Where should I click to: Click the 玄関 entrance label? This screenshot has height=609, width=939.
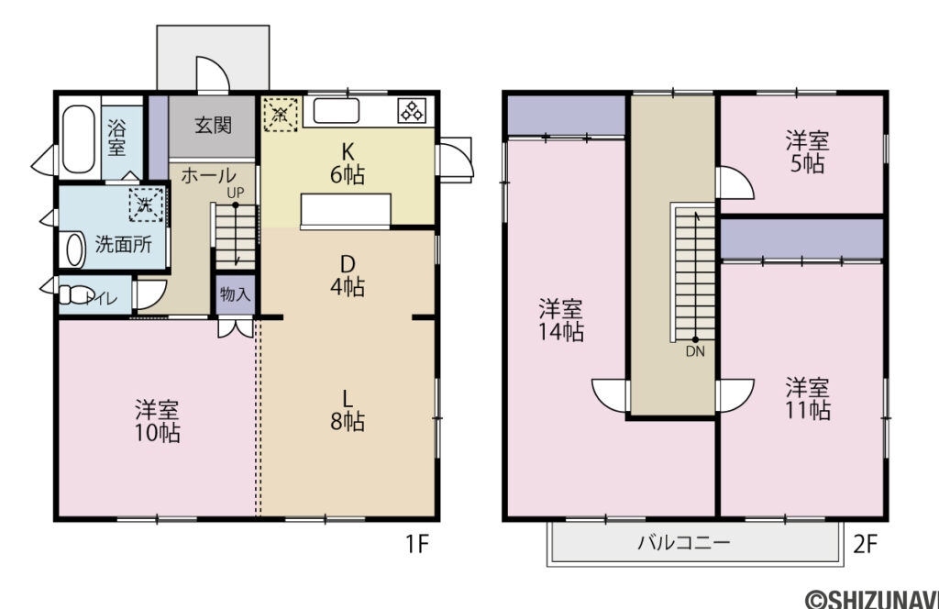[x=212, y=126]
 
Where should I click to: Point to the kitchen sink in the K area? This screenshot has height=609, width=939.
[x=336, y=112]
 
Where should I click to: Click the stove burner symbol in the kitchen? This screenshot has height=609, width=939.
[x=409, y=111]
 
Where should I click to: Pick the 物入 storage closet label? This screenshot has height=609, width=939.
[x=235, y=294]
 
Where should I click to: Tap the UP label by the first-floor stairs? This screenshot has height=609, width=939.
[x=236, y=193]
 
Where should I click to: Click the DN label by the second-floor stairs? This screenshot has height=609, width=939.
[x=695, y=349]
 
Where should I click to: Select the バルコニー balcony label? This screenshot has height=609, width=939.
[x=684, y=543]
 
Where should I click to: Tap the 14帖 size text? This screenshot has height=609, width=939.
[x=561, y=333]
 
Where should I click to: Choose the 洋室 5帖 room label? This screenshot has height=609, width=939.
[x=807, y=152]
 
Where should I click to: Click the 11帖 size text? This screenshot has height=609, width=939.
[x=808, y=410]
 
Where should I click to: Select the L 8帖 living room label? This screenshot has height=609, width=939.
[x=348, y=410]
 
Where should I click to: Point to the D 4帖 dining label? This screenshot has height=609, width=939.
[x=348, y=275]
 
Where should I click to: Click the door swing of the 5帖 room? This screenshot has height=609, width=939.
[x=735, y=183]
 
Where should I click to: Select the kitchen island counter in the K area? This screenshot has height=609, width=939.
[x=345, y=210]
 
